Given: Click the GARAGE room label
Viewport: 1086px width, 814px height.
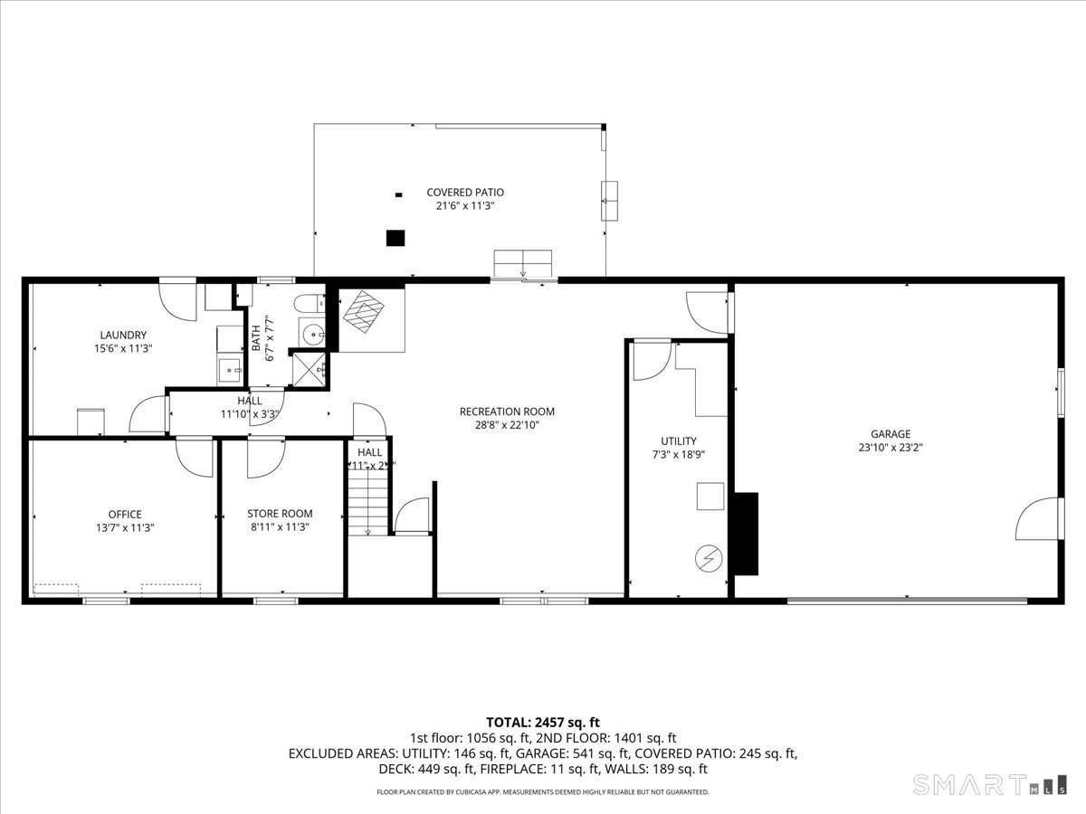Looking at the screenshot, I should [891, 434].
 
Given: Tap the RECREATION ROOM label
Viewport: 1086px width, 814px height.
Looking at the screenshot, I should [507, 412].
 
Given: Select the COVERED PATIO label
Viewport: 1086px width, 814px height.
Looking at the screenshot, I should [465, 193].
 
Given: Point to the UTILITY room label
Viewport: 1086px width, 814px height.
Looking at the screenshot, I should [678, 441].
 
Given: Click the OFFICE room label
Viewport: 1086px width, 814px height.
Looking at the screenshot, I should [125, 515].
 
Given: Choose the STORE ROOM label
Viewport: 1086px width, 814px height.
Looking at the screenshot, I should [280, 514].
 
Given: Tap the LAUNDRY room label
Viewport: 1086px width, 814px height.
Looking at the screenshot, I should [123, 335].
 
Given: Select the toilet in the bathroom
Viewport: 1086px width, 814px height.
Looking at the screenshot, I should [310, 302].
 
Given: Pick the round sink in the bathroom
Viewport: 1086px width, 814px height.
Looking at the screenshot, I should [312, 334].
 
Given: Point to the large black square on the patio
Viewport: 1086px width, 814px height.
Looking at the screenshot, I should [395, 238].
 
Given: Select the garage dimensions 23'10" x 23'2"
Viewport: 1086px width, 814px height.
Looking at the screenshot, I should [891, 447].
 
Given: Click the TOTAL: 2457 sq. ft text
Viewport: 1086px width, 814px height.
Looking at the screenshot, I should [543, 722].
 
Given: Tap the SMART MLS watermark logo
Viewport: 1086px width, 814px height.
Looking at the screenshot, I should [986, 783].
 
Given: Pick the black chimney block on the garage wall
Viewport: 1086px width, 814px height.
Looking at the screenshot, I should [746, 534].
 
